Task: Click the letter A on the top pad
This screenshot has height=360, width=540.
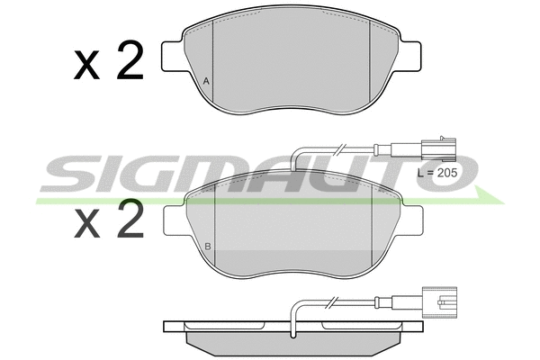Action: tap(206, 82)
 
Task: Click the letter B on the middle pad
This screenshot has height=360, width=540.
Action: tap(208, 247)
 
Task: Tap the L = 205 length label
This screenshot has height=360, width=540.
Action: tap(437, 173)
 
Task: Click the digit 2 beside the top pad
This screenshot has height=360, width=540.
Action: tap(130, 60)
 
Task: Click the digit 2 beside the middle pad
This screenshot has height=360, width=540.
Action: tap(130, 219)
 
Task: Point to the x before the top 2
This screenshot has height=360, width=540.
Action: tap(86, 65)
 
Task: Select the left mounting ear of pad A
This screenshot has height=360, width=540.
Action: tap(173, 57)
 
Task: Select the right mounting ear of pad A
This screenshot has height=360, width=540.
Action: tap(409, 57)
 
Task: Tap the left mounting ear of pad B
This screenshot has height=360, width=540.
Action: tap(175, 220)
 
